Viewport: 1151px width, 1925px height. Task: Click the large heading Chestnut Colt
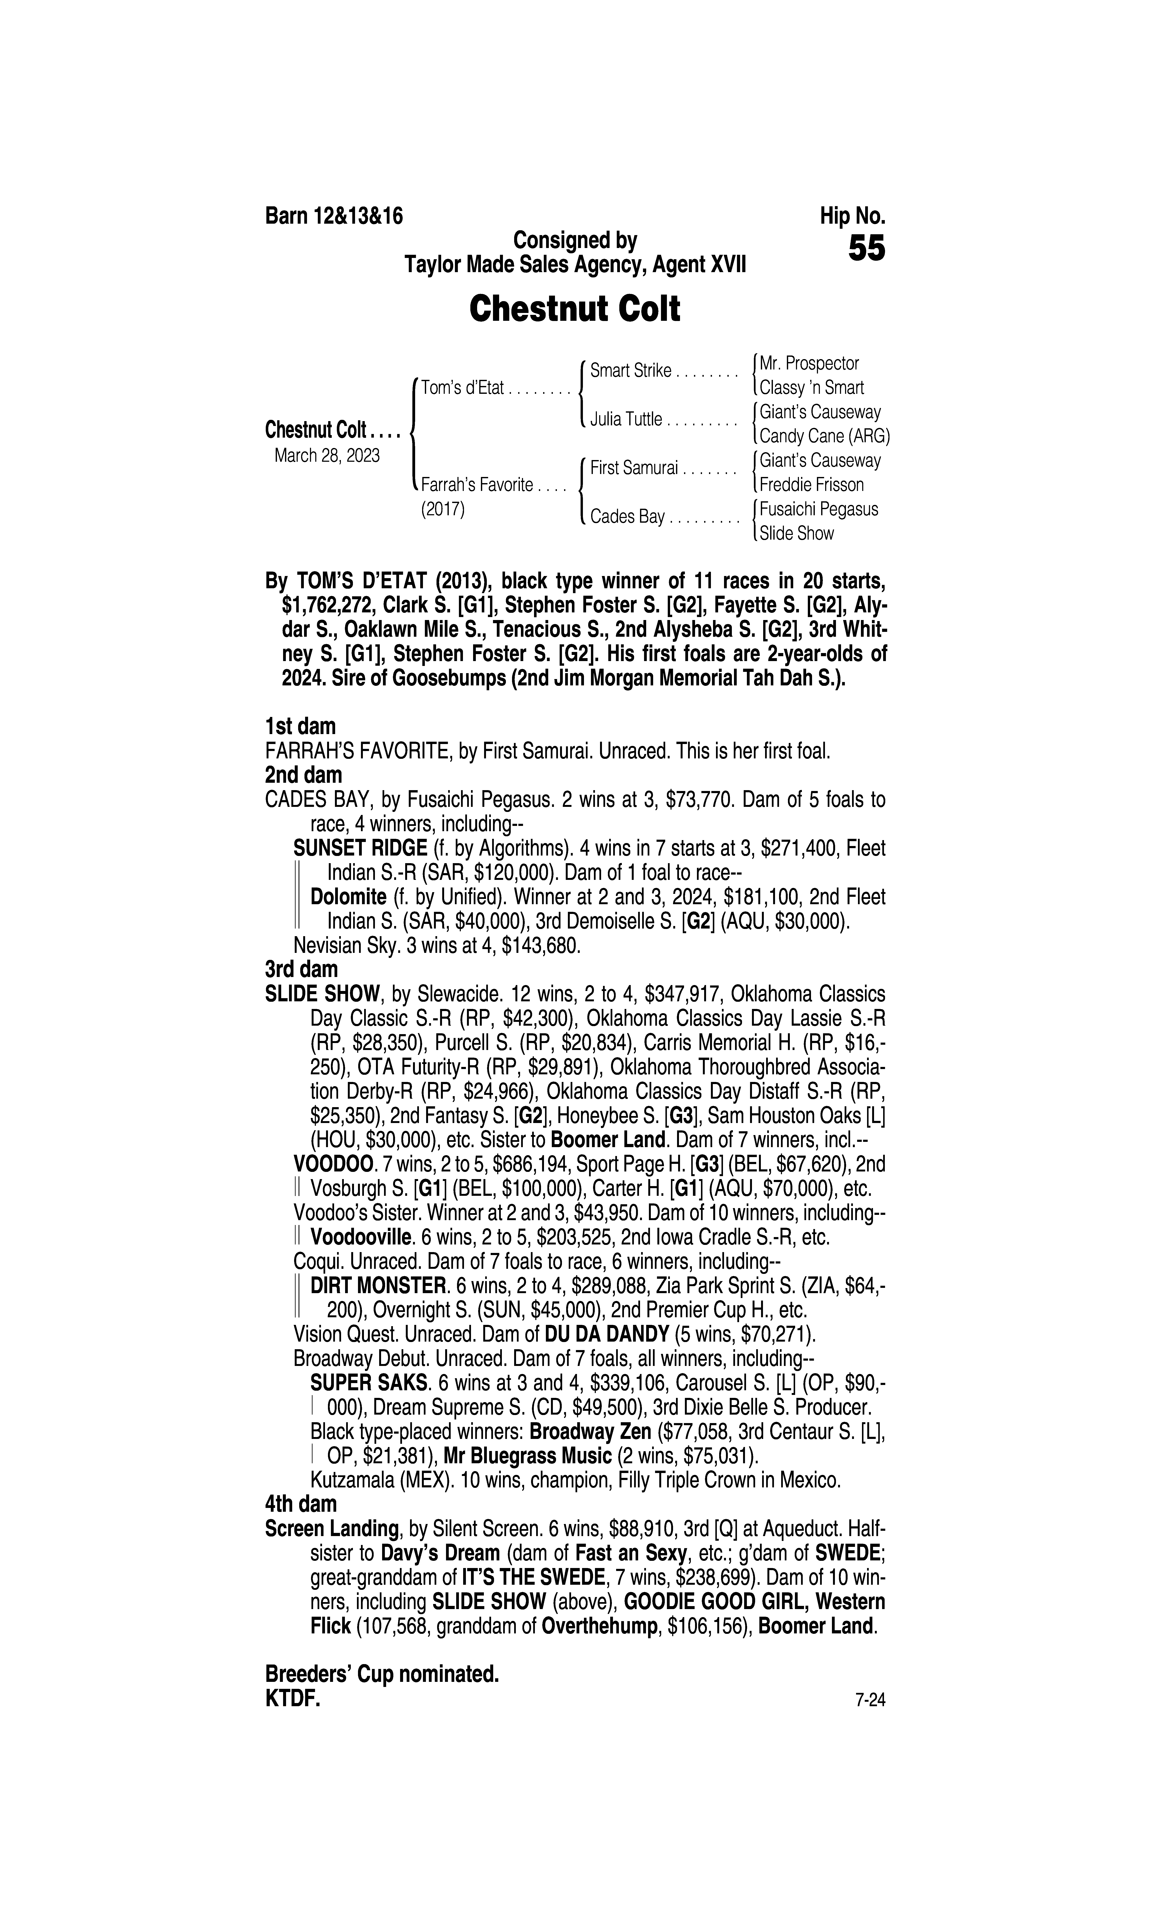click(x=575, y=309)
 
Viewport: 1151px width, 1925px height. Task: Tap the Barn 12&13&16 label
click(x=334, y=216)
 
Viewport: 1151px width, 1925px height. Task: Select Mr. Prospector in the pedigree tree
click(x=809, y=363)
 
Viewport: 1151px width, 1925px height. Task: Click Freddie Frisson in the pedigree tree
click(x=811, y=485)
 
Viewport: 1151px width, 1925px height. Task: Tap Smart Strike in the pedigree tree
click(x=631, y=371)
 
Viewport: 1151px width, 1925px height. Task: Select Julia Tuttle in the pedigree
click(x=626, y=420)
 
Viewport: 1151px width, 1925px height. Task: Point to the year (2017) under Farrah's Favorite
click(x=442, y=510)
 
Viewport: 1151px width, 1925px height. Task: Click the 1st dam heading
click(x=300, y=727)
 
